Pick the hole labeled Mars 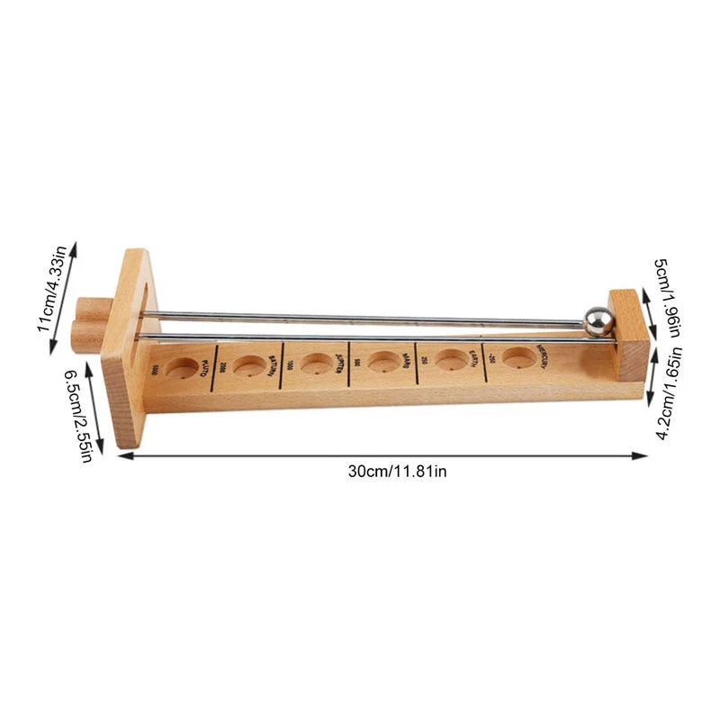pyautogui.click(x=382, y=362)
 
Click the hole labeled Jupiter pyautogui.click(x=316, y=363)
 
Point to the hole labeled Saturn pyautogui.click(x=249, y=364)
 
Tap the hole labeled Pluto pyautogui.click(x=183, y=366)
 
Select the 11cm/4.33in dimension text pyautogui.click(x=53, y=294)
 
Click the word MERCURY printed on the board pyautogui.click(x=547, y=357)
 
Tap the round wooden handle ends pyautogui.click(x=87, y=325)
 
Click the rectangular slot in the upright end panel pyautogui.click(x=142, y=310)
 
